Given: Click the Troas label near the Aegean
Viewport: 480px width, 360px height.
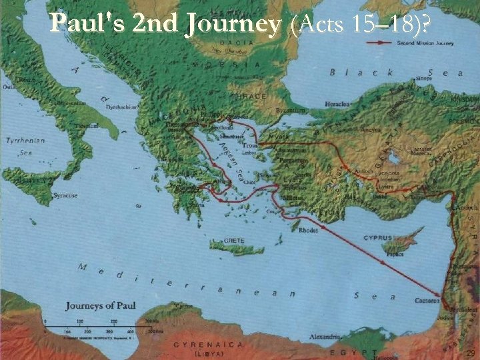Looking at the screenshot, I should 251,145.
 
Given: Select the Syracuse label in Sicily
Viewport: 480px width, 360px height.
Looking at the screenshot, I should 65,195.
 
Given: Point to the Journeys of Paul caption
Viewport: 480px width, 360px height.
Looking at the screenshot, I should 101,306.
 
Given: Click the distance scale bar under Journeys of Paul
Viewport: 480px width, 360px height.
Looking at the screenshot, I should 100,325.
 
